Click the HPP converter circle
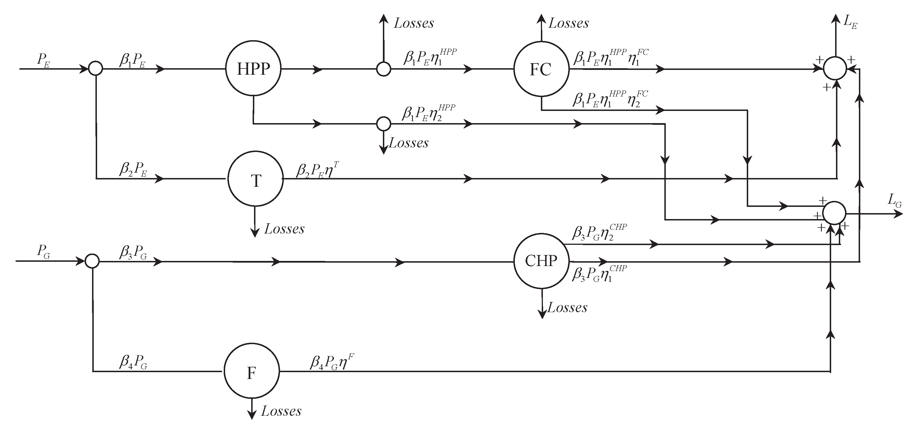click(x=253, y=69)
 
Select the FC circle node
click(x=541, y=69)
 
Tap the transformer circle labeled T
click(x=255, y=179)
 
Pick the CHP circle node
click(x=541, y=261)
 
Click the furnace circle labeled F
click(x=251, y=371)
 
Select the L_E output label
click(x=850, y=22)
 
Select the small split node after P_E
click(x=95, y=68)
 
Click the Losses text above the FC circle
click(x=568, y=23)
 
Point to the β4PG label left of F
click(x=133, y=362)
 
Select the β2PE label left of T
click(x=133, y=169)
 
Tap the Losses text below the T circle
click(x=284, y=229)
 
